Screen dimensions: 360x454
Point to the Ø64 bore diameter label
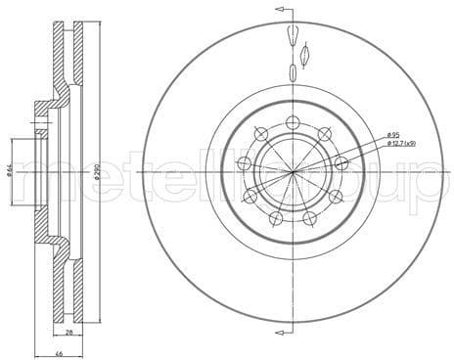pyautogui.click(x=10, y=172)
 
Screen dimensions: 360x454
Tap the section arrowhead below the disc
pyautogui.click(x=282, y=347)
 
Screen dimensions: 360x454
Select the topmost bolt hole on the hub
pyautogui.click(x=293, y=122)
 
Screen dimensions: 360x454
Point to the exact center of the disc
pyautogui.click(x=293, y=171)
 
